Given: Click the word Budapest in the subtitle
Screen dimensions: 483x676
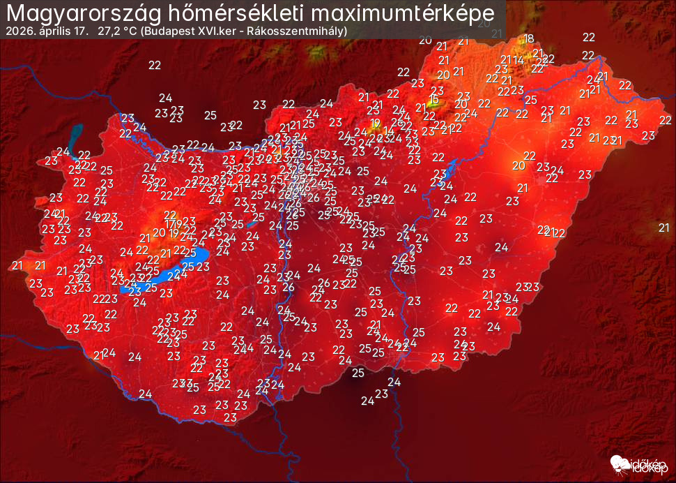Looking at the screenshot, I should pos(171,32).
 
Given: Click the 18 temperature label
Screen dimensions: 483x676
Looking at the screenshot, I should pos(530,39).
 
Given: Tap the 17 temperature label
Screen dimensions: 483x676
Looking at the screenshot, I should pos(171,223).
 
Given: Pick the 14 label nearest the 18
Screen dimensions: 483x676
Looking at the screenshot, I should pos(518,59).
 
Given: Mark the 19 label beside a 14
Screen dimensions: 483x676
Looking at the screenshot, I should pos(376,123).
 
